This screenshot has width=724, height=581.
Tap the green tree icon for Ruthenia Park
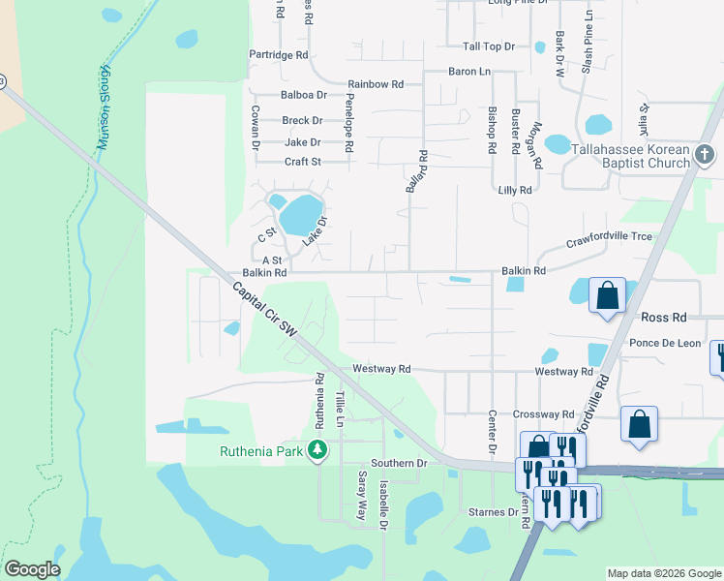(316, 450)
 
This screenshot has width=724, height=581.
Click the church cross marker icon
(706, 154)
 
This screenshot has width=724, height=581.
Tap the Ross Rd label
(663, 317)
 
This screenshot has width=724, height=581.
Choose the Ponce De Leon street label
(664, 344)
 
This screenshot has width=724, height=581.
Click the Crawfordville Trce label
(609, 237)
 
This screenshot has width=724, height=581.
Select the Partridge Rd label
(279, 55)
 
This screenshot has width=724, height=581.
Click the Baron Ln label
(469, 72)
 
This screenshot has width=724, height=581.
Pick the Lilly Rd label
(513, 191)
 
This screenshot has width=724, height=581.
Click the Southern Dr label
(399, 464)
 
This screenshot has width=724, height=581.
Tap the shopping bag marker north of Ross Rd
(607, 294)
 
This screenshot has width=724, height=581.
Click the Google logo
(32, 569)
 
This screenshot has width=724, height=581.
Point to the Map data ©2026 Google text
(664, 573)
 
